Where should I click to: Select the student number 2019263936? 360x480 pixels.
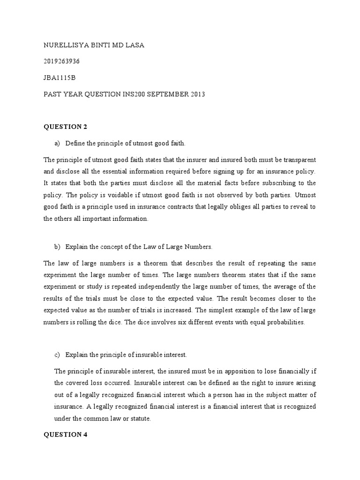tap(61, 61)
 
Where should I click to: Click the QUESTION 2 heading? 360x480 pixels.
tap(65, 127)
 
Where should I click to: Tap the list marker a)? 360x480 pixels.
tap(59, 142)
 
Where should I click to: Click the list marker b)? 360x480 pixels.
tap(59, 246)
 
